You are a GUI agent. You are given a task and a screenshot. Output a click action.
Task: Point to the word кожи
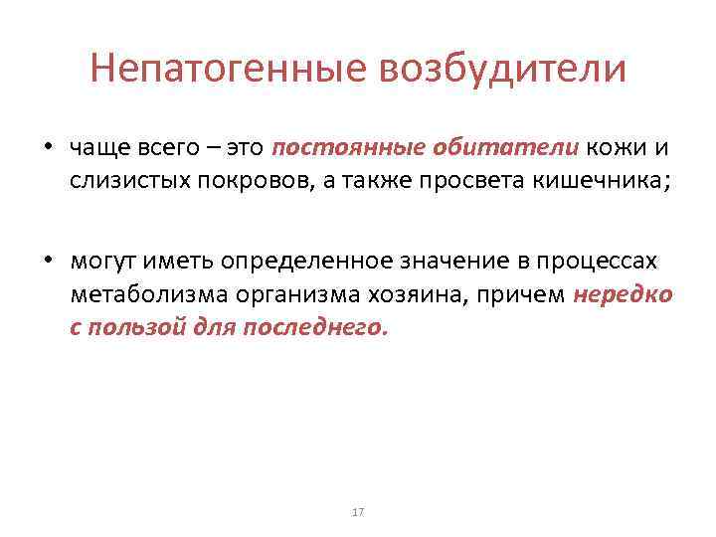[x=617, y=148]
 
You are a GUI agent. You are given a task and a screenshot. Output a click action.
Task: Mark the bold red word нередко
[x=624, y=294]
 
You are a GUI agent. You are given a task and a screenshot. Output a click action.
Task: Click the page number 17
[x=358, y=512]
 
